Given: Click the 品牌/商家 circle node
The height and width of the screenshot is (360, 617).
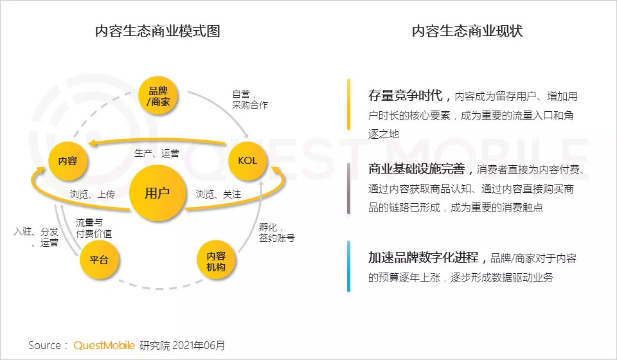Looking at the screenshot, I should tap(159, 96).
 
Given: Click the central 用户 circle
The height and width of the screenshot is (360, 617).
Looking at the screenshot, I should tap(157, 193).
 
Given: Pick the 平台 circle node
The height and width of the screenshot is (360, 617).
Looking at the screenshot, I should tap(98, 260).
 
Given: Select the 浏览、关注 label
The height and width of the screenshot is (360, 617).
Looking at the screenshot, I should tap(218, 194).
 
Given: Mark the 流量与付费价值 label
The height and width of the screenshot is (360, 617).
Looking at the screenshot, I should tap(94, 228).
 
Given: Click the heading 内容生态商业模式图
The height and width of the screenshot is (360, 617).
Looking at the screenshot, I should tap(157, 32).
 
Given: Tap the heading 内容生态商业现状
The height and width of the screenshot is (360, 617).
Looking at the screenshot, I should tap(467, 32).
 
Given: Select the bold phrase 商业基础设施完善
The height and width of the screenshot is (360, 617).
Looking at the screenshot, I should tap(420, 170).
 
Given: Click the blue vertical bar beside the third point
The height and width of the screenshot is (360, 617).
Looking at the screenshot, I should tap(348, 267).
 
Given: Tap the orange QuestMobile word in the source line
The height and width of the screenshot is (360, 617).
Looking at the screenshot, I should tap(104, 345).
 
